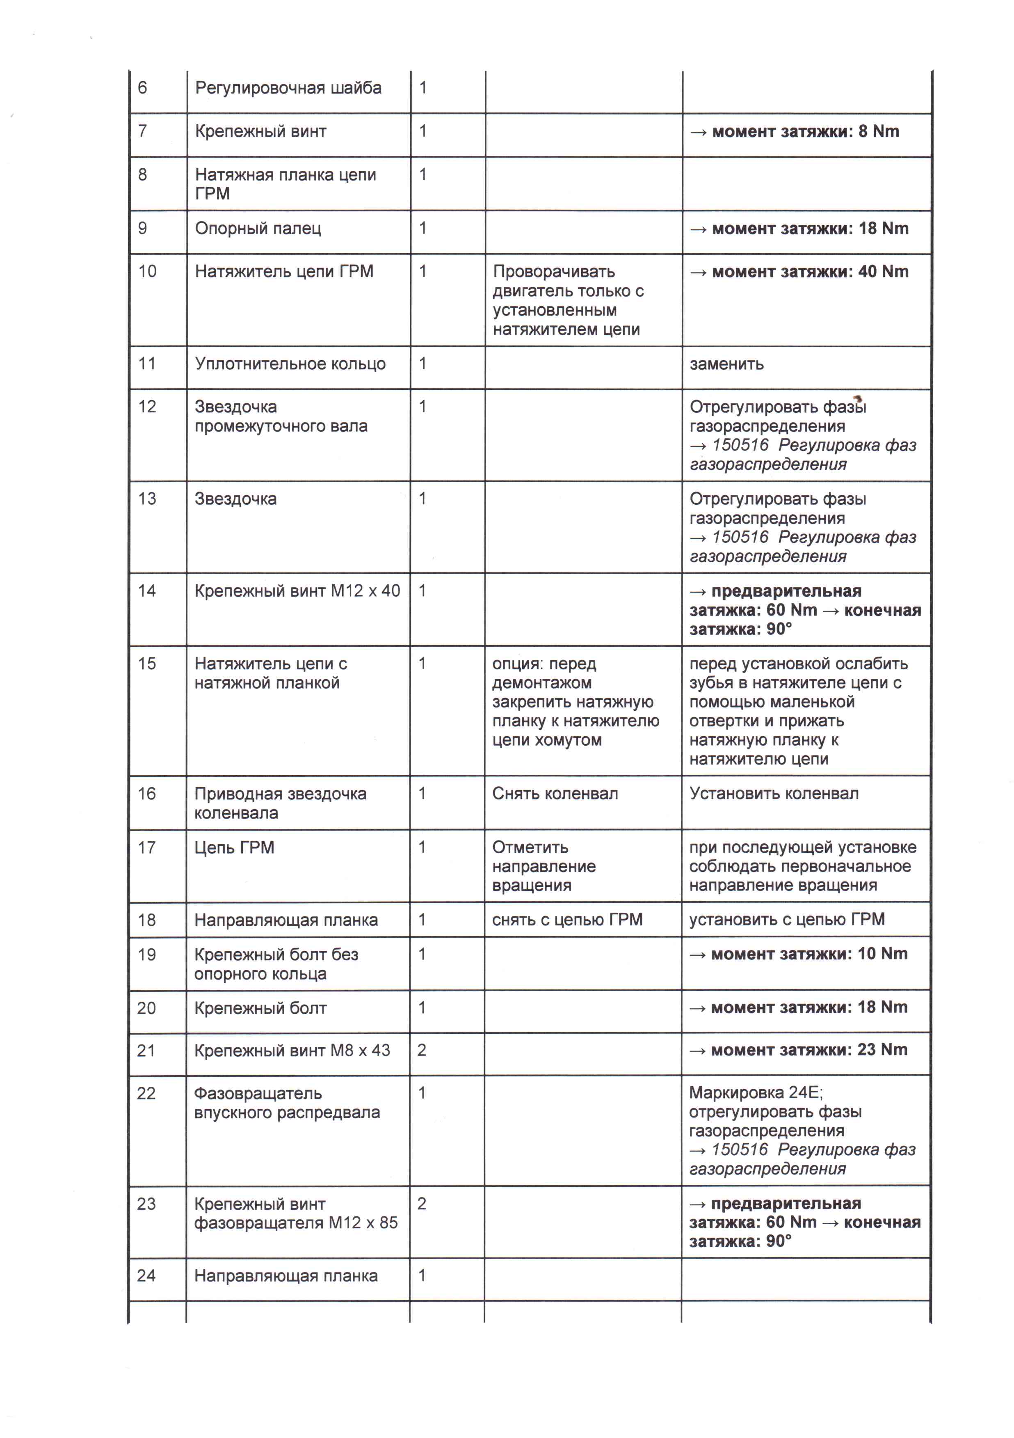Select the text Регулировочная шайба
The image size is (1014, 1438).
click(288, 88)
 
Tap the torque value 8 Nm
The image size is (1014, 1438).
click(878, 131)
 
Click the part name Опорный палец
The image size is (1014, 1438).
click(258, 229)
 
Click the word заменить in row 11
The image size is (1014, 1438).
click(726, 364)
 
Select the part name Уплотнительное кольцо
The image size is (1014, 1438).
click(290, 364)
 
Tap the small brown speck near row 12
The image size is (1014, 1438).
click(858, 399)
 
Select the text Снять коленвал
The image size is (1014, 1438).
click(555, 794)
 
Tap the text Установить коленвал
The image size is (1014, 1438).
click(774, 794)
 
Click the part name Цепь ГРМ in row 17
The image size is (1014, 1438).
click(234, 848)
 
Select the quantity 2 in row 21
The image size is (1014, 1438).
click(422, 1050)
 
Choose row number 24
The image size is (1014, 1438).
click(146, 1276)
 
